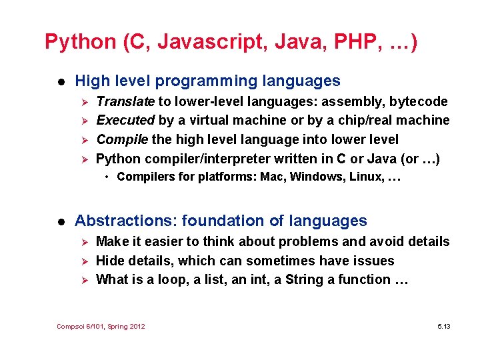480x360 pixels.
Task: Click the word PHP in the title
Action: click(349, 42)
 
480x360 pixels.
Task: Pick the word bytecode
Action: click(418, 101)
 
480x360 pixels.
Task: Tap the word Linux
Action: click(364, 177)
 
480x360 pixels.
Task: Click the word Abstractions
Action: click(126, 221)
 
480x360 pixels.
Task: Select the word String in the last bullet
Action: click(304, 279)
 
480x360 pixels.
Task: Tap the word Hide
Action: click(110, 261)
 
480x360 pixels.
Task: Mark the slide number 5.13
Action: click(443, 326)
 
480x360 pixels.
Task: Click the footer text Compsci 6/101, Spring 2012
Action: click(101, 326)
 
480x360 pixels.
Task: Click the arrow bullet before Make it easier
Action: click(84, 241)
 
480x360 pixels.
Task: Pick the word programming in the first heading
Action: click(203, 81)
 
